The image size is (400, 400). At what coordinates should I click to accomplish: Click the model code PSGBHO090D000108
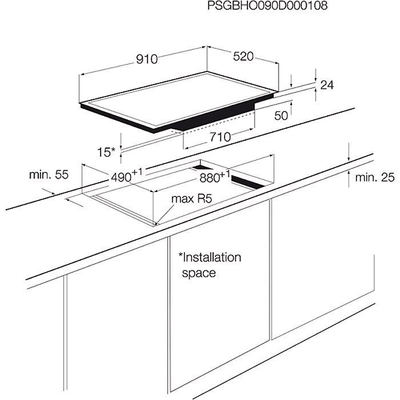coord(267,6)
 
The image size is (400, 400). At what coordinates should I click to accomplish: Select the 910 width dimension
coord(147,59)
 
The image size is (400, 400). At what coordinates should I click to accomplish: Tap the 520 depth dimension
coord(243,57)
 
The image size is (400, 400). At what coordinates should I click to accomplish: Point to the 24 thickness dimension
coord(327,85)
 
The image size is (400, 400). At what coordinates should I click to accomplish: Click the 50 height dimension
coord(281,115)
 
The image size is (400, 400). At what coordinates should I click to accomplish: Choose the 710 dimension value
coord(220,137)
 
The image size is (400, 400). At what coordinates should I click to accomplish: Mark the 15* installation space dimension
coord(106,153)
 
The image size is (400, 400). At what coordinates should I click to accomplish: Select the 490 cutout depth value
coord(121,178)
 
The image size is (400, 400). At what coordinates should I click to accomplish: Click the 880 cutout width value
coord(210,178)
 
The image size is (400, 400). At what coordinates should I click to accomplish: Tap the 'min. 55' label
coord(49,175)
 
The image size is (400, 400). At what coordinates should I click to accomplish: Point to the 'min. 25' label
coord(375,177)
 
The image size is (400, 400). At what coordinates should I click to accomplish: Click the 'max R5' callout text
coord(191,199)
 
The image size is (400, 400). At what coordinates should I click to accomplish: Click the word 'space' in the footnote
coord(199,273)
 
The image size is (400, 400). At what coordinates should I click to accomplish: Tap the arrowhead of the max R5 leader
coord(157,223)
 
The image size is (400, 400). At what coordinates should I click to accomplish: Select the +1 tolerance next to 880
coord(225,174)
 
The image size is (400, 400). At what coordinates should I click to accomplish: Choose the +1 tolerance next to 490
coord(137,171)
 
